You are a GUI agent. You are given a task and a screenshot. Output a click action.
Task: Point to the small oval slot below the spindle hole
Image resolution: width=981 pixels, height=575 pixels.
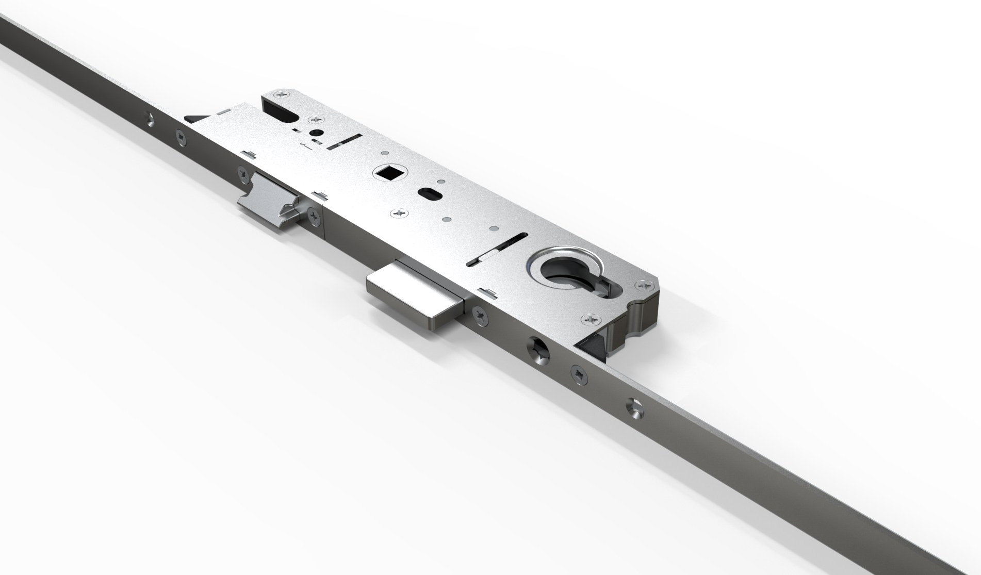429,194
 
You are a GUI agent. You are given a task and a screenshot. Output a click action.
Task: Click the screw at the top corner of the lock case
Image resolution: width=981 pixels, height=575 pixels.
283,94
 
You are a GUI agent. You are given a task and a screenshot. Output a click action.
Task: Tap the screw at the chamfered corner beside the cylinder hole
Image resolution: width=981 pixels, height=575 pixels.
645,284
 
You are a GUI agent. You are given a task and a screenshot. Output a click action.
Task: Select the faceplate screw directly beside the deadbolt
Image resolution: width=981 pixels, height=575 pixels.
479,313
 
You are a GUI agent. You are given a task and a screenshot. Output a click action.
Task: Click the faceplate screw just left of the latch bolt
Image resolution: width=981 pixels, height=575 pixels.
242,174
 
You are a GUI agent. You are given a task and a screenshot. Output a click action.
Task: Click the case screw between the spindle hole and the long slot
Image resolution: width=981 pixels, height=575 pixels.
399,212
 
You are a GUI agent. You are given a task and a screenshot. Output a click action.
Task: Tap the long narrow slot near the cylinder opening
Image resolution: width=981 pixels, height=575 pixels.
496,252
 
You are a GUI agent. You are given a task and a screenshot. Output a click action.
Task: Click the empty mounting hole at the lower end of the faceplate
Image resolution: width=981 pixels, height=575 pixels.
635,407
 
